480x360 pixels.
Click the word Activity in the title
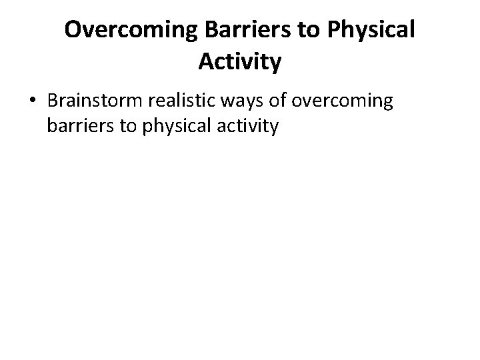[240, 63]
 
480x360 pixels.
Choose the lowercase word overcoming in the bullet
[342, 101]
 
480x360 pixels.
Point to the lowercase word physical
[175, 125]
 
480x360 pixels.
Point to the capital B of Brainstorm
[53, 101]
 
